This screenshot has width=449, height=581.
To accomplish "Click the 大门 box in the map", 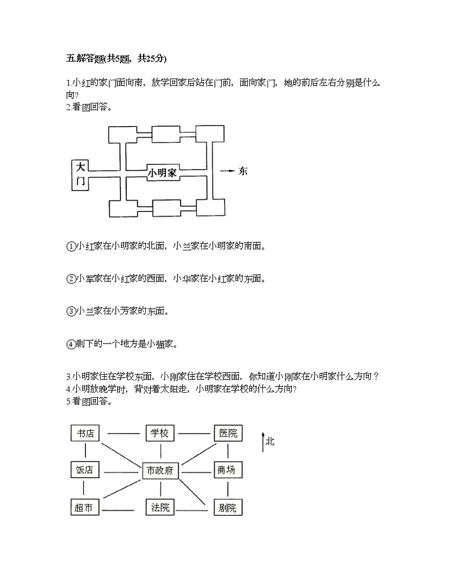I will [80, 174].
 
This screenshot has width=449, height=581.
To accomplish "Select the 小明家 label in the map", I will [162, 173].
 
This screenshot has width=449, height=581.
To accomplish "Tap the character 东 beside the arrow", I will [243, 171].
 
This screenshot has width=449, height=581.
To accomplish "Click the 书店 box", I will [85, 433].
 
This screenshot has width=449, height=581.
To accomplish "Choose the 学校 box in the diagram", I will [159, 433].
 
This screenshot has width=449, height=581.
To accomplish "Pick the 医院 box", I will [227, 433].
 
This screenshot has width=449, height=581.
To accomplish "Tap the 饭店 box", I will [85, 470].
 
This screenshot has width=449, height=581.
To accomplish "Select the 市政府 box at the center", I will [160, 470].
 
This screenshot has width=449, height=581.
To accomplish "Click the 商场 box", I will [227, 470].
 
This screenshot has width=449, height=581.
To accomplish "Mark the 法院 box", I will [160, 507].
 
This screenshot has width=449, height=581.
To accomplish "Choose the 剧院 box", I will [227, 507].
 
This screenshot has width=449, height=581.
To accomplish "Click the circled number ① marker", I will [71, 246].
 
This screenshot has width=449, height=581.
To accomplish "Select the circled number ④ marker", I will [71, 344].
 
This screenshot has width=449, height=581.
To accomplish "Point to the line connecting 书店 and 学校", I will [123, 434].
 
